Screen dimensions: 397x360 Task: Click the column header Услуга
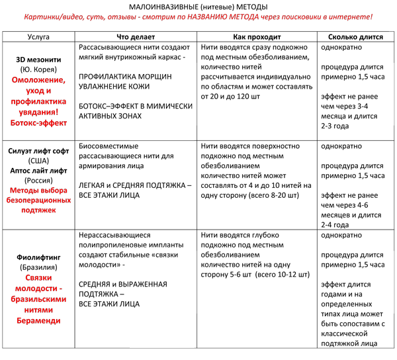[38, 37]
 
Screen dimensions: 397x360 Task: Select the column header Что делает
[136, 37]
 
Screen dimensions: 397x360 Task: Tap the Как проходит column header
[257, 37]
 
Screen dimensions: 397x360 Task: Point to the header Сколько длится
[355, 37]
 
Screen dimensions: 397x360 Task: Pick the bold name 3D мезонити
[38, 60]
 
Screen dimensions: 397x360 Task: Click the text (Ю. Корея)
[38, 69]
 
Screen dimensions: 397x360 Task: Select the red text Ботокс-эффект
[38, 123]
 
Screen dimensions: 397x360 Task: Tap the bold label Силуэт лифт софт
[38, 151]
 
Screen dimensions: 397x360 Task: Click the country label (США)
[38, 161]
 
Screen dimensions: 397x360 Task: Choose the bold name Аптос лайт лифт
[38, 171]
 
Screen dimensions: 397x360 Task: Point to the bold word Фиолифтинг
[38, 257]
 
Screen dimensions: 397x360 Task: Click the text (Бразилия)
[38, 267]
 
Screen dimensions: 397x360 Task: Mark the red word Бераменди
[38, 321]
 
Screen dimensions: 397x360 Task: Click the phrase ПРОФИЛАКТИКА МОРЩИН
[125, 77]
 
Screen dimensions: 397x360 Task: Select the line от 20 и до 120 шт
[230, 97]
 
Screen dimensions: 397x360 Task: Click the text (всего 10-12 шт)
[283, 275]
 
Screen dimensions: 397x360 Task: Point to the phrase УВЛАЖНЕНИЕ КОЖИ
[114, 87]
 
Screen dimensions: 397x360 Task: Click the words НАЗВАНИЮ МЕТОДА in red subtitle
[223, 17]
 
